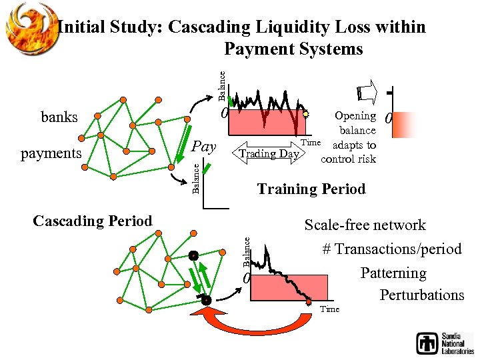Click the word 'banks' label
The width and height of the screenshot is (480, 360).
59,117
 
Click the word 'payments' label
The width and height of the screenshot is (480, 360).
51,153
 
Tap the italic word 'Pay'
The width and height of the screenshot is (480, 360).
204,146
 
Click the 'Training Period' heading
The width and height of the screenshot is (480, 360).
311,189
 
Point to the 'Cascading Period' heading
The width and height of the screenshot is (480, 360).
93,221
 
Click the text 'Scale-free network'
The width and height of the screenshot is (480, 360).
365,225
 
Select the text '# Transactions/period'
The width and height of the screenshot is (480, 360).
391,249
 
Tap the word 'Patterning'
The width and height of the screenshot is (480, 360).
393,273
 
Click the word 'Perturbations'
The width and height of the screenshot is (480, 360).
422,295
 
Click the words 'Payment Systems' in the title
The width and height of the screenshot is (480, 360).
293,49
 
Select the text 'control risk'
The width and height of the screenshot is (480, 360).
348,159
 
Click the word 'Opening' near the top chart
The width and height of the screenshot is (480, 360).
355,116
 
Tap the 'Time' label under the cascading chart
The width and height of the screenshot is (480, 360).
329,309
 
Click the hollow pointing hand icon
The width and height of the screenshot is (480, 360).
366,91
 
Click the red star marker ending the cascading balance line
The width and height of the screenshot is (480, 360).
309,303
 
